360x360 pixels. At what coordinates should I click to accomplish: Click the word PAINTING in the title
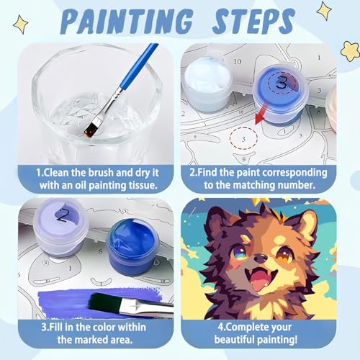pyautogui.click(x=127, y=21)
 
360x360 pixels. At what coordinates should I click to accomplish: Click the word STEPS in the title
pyautogui.click(x=254, y=21)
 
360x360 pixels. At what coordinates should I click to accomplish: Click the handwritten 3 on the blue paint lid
pyautogui.click(x=282, y=82)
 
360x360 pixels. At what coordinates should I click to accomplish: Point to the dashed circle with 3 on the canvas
pyautogui.click(x=243, y=138)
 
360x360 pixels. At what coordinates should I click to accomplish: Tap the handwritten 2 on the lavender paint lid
pyautogui.click(x=63, y=215)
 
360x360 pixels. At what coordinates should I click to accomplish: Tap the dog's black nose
pyautogui.click(x=261, y=258)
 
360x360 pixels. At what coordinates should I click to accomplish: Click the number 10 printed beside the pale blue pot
pyautogui.click(x=238, y=62)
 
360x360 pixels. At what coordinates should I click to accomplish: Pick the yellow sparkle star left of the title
pyautogui.click(x=21, y=24)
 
